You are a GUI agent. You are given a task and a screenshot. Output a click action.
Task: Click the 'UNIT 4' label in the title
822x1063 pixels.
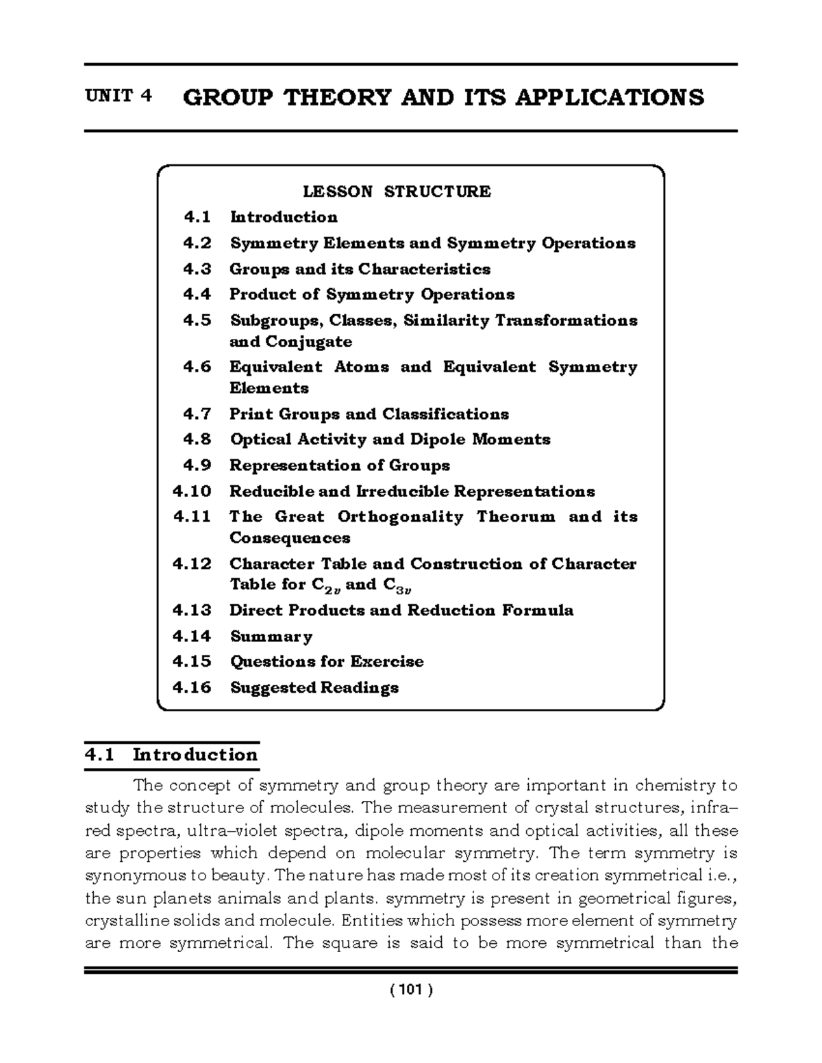(x=118, y=96)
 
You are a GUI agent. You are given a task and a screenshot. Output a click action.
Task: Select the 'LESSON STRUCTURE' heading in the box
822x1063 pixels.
(x=397, y=191)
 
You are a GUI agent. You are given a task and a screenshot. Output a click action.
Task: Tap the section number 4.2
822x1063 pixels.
(x=197, y=243)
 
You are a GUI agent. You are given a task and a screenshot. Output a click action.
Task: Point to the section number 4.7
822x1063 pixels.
(x=197, y=414)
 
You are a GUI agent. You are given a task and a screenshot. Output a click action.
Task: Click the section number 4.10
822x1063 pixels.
(x=192, y=491)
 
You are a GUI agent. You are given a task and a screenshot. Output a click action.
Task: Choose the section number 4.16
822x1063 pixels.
(x=192, y=687)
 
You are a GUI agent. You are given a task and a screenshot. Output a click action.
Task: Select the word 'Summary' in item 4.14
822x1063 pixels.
(x=271, y=637)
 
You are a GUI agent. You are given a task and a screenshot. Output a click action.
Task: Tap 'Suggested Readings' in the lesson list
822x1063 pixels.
(x=314, y=687)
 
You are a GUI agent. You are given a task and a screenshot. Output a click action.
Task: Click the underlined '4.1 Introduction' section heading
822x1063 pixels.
(x=171, y=755)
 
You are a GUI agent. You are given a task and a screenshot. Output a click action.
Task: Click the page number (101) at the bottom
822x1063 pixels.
(x=410, y=990)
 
